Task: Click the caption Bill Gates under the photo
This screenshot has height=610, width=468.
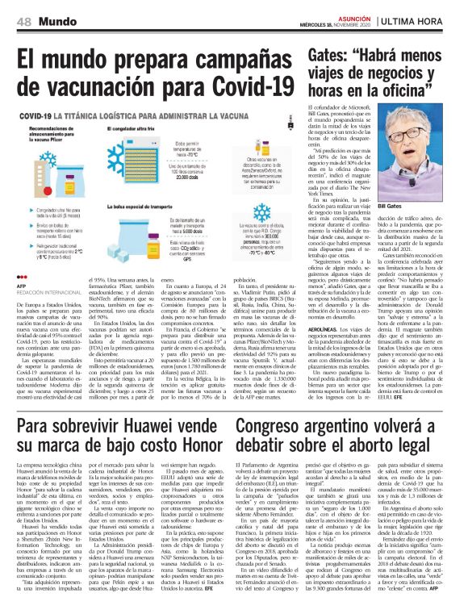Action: tap(412, 206)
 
